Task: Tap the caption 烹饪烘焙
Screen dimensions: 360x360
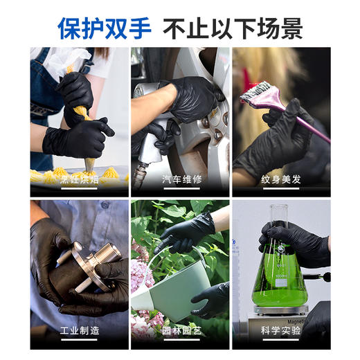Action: click(79, 179)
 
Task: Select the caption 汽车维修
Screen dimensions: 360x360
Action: click(180, 179)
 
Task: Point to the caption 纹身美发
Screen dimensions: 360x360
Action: click(281, 179)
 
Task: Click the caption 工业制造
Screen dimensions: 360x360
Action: click(79, 331)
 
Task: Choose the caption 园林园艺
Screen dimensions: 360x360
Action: click(180, 331)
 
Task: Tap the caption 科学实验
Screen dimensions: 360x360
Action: click(281, 331)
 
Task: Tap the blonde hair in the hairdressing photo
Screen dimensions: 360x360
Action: click(253, 69)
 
